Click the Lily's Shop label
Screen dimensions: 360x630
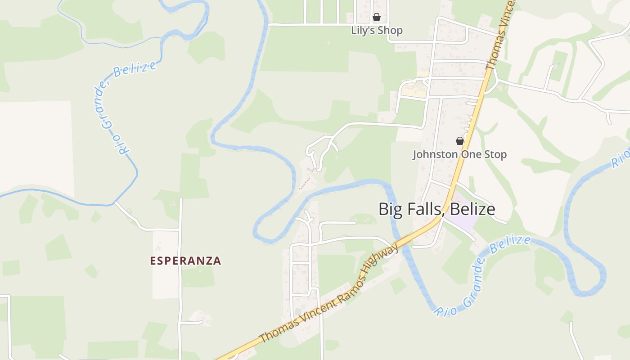coord(377,31)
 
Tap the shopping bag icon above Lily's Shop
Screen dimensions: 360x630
coord(376,18)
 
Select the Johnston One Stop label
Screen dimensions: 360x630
coord(459,154)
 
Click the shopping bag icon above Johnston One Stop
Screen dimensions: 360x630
coord(459,141)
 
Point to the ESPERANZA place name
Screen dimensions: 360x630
coord(185,261)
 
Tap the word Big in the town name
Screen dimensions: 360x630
coord(390,210)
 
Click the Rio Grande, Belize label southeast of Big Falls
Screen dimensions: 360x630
coord(481,275)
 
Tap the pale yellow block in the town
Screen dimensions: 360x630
coord(414,90)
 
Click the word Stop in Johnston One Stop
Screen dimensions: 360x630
coord(496,154)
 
